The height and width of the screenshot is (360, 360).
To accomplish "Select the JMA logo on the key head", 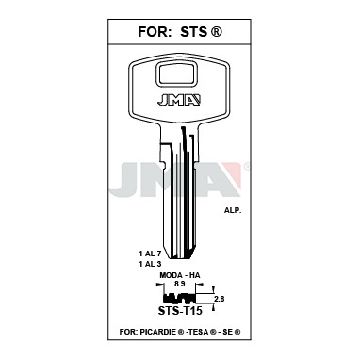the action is (x=179, y=100).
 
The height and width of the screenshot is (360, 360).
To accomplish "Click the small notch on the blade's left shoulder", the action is (x=162, y=165).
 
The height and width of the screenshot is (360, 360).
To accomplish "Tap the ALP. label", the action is (x=233, y=211).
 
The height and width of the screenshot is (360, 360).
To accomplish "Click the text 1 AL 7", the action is (x=150, y=253).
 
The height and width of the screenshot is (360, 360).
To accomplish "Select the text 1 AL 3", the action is (x=150, y=264).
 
